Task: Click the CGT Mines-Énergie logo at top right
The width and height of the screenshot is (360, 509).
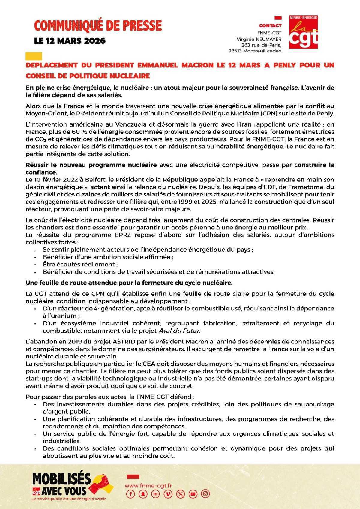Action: point(303,32)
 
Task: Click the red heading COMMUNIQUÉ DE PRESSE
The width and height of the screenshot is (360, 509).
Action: point(98,26)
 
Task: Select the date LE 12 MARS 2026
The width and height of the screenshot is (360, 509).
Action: point(70,41)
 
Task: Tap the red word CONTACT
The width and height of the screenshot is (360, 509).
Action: point(270,26)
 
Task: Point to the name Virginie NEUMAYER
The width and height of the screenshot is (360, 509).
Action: point(259,39)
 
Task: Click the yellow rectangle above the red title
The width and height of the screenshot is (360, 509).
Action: point(34,56)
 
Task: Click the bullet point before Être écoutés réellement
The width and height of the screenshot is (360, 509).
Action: point(35,265)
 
